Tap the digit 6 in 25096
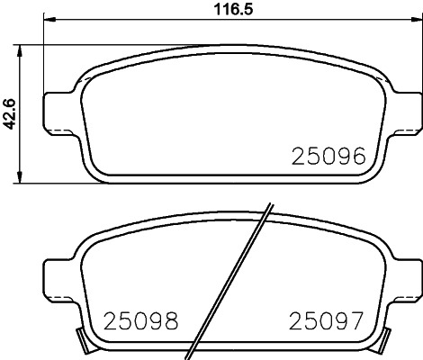point(358,157)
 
